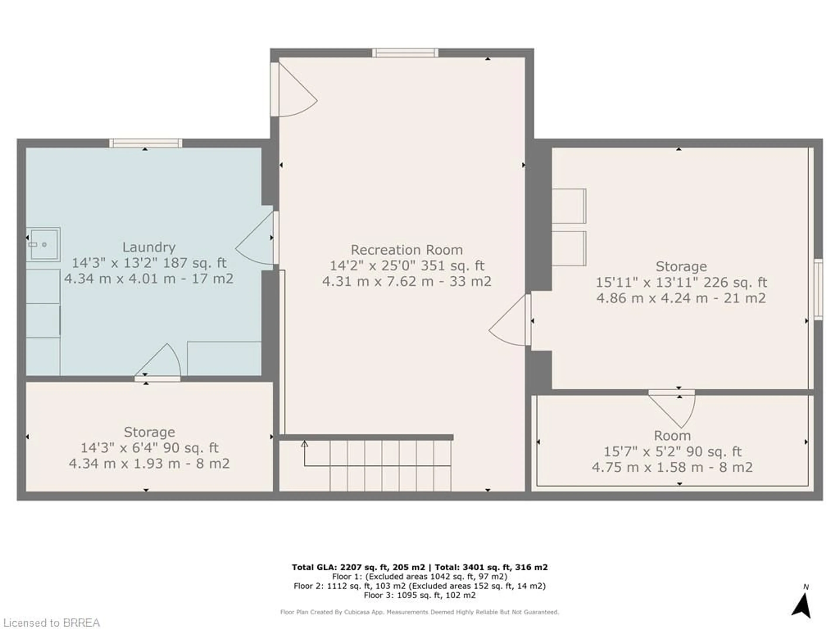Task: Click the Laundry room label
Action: [149, 247]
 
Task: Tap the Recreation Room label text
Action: [407, 250]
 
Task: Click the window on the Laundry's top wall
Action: [146, 143]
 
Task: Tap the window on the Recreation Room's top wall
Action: [405, 53]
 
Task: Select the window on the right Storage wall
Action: [818, 289]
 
